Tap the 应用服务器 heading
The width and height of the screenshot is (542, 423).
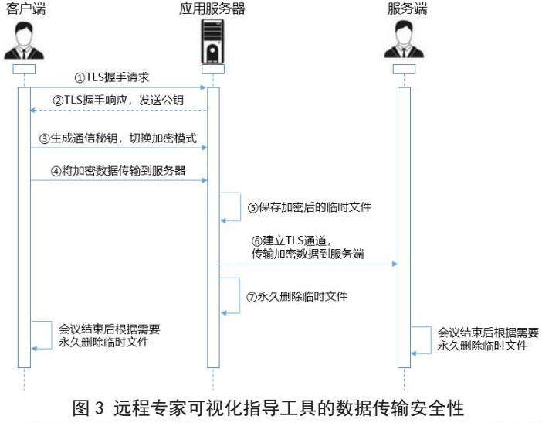[x=213, y=9]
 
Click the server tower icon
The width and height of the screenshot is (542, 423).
[x=214, y=42]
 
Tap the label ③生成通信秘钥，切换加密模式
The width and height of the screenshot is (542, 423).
[x=119, y=138]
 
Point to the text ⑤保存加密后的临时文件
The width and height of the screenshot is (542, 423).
[x=303, y=208]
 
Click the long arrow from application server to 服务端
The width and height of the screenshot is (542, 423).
[x=309, y=264]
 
